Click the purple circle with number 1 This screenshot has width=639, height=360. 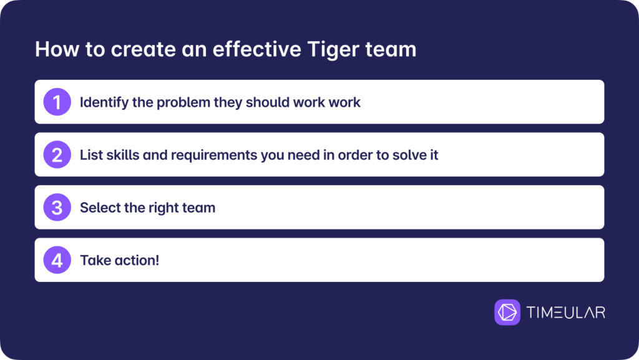(x=57, y=102)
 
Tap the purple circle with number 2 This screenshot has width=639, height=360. (x=57, y=154)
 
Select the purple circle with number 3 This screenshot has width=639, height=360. (x=57, y=207)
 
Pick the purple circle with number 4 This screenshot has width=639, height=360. (x=57, y=260)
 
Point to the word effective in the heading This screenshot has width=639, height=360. (x=256, y=49)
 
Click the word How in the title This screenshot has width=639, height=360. (x=57, y=49)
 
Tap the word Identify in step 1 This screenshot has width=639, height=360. (x=104, y=102)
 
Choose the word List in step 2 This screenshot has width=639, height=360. (x=91, y=155)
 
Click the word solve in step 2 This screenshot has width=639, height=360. (x=409, y=155)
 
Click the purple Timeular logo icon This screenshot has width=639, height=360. (x=507, y=313)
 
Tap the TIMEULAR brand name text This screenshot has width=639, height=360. (x=565, y=313)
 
